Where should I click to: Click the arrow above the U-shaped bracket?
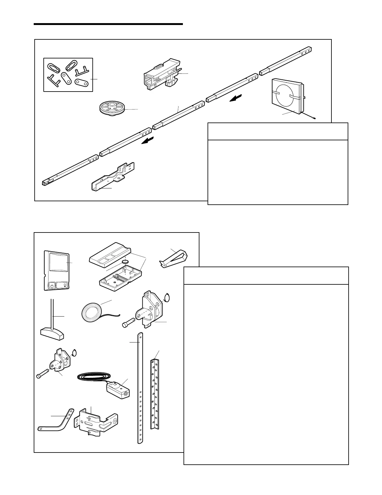(147, 141)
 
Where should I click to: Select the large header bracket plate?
(152, 309)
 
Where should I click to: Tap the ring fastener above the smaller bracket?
(74, 352)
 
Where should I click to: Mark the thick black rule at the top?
(108, 24)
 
